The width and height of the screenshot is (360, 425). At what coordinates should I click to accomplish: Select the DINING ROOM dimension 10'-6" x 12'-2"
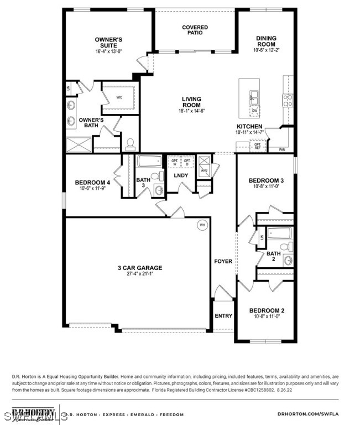click(x=266, y=50)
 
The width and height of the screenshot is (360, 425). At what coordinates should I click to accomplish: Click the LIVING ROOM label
click(x=191, y=102)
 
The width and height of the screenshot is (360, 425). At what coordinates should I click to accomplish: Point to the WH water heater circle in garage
click(x=202, y=225)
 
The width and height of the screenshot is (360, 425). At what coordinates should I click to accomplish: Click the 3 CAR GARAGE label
click(x=135, y=268)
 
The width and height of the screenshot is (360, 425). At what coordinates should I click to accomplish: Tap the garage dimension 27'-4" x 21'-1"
click(x=135, y=274)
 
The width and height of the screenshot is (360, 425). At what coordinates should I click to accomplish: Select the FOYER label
click(x=223, y=261)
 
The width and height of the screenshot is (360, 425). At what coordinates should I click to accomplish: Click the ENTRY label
click(x=223, y=316)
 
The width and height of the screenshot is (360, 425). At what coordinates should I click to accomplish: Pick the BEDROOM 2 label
click(x=266, y=310)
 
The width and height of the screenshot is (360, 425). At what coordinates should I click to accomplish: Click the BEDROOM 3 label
click(x=266, y=180)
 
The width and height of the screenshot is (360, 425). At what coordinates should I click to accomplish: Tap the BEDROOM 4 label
click(x=92, y=183)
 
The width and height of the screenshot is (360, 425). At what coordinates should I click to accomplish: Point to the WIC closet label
click(x=119, y=97)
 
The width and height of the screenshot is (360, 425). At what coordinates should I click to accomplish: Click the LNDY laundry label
click(x=181, y=175)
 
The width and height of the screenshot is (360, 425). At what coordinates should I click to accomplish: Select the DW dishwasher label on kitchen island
click(x=254, y=110)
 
